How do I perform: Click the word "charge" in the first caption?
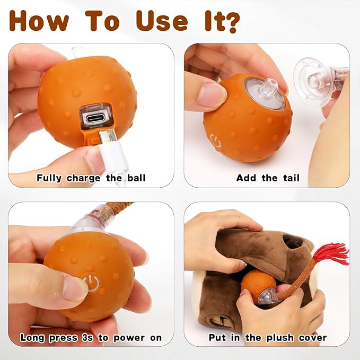pyautogui.click(x=84, y=178)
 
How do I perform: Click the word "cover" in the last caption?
pyautogui.click(x=310, y=338)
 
